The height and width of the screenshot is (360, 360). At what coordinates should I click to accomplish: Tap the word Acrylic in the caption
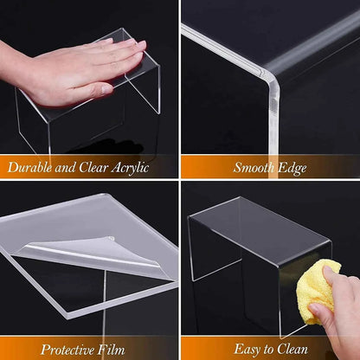(126, 168)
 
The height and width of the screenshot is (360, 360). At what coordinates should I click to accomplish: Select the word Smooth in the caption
(250, 168)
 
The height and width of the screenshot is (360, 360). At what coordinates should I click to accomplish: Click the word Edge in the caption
(292, 168)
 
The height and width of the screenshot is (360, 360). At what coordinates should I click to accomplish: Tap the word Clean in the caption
(294, 349)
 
